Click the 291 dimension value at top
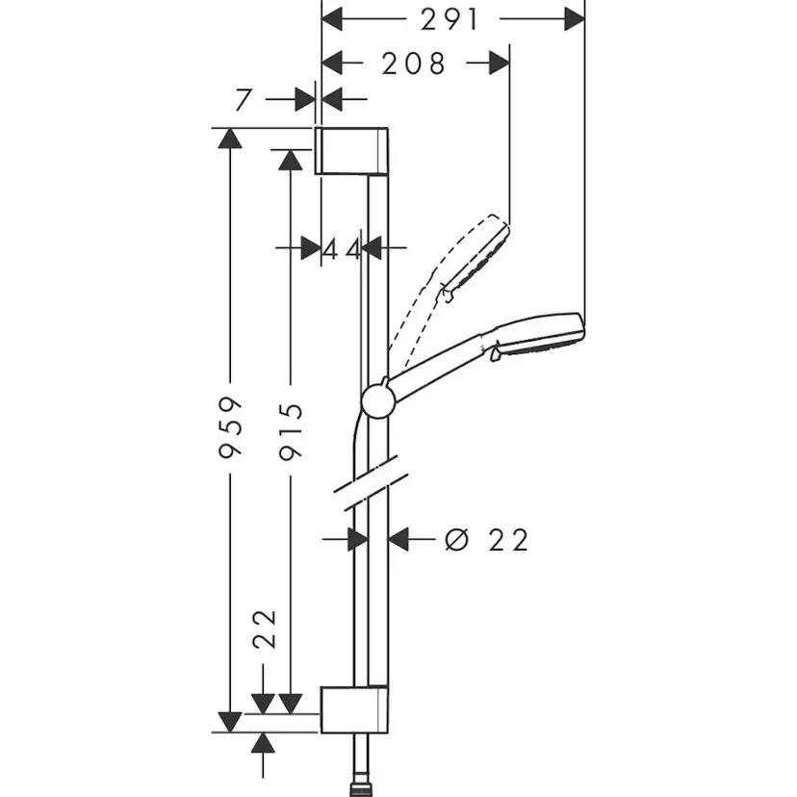click(x=450, y=18)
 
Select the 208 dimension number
click(x=414, y=64)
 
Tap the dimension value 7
click(x=243, y=98)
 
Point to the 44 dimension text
click(x=341, y=248)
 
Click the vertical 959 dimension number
click(x=229, y=426)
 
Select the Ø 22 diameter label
click(x=488, y=540)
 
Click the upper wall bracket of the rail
click(x=352, y=150)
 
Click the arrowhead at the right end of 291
click(x=574, y=18)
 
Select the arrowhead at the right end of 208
click(x=499, y=64)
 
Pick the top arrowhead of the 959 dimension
click(x=229, y=138)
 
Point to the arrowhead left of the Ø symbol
click(x=398, y=540)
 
